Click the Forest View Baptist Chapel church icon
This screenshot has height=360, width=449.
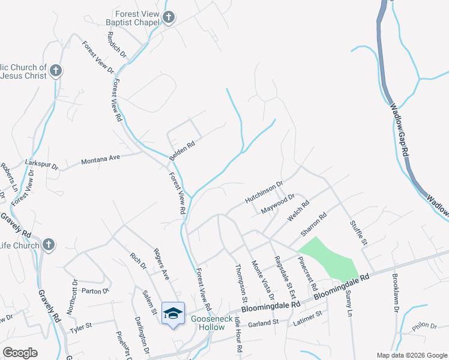pos(169,17)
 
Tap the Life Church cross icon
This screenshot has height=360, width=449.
pos(49,245)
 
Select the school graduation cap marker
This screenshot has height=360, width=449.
pos(173,313)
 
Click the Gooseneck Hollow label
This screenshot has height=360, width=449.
pos(208,323)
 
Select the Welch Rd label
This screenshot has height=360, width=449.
pos(298,211)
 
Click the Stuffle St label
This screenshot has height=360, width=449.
pos(358,232)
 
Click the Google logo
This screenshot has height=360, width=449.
pos(20,353)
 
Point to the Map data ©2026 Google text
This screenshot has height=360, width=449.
pos(412,355)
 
